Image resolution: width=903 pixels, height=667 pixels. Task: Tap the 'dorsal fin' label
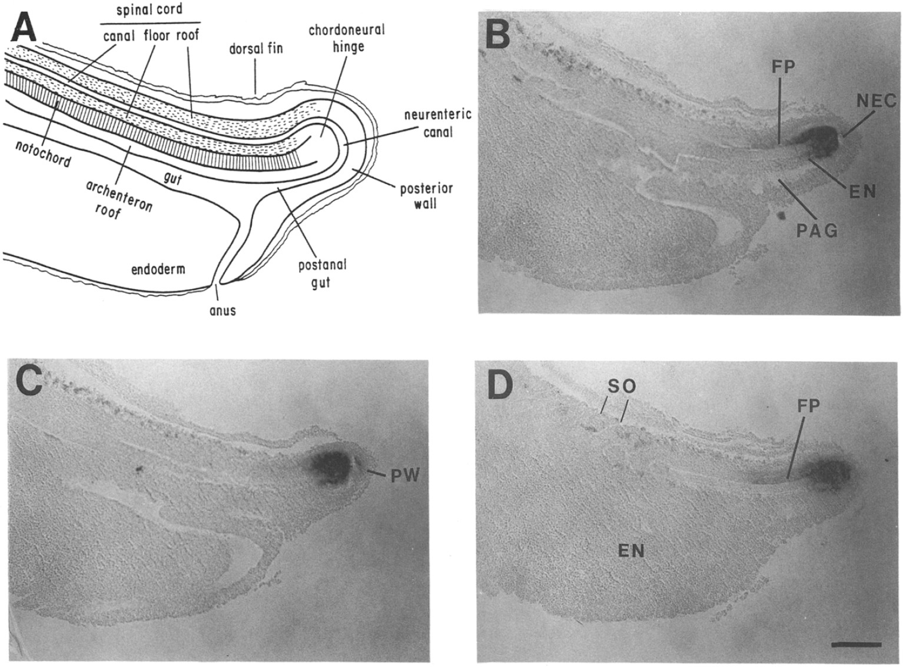click(x=256, y=48)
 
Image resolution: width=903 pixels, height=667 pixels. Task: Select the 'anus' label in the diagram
click(x=223, y=310)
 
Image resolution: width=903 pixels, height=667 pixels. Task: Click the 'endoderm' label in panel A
click(x=157, y=269)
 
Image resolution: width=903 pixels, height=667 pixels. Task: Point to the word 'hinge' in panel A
click(x=348, y=46)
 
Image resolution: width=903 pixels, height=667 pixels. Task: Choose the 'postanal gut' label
click(x=322, y=274)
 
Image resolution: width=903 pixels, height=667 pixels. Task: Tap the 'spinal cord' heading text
click(x=150, y=10)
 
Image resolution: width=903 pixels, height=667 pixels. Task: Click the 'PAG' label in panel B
click(x=816, y=231)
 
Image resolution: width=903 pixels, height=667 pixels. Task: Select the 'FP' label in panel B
click(x=783, y=67)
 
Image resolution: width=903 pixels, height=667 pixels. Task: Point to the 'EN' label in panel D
click(x=631, y=551)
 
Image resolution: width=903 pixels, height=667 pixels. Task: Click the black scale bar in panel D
click(x=856, y=645)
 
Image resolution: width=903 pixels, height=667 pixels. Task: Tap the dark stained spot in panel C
click(x=331, y=462)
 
